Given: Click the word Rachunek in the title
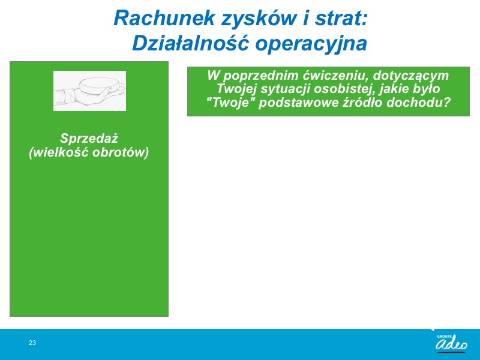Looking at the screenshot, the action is (164, 18).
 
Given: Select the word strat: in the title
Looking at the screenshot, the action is (341, 18).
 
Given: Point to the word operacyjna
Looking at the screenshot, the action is (311, 44).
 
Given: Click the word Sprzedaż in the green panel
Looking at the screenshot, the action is (89, 139).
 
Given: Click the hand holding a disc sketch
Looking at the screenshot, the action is (89, 91).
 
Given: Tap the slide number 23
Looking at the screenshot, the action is (32, 343).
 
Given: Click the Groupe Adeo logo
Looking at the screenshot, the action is (452, 343).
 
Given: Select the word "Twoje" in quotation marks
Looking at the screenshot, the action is (231, 102).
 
